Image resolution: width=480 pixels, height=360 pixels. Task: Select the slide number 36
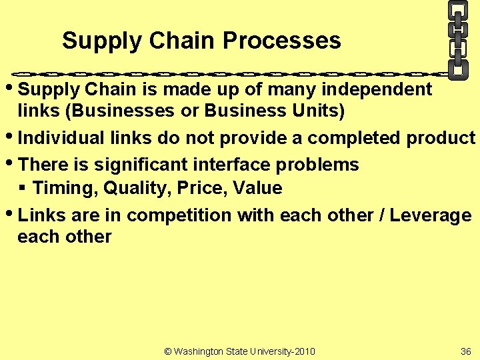pos(465,351)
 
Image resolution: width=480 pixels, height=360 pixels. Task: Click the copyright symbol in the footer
pos(167,351)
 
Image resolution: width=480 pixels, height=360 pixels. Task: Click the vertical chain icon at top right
pos(457,39)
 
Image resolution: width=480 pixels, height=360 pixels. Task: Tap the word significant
pos(127,165)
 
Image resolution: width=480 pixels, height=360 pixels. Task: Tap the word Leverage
pos(431,215)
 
